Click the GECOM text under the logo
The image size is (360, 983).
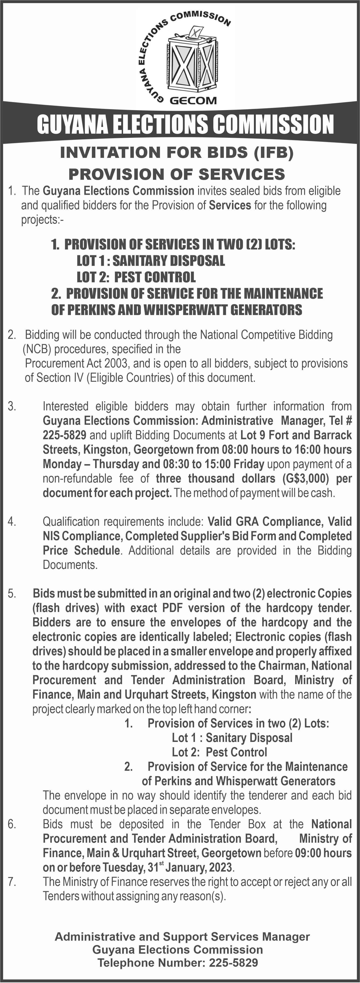click(193, 100)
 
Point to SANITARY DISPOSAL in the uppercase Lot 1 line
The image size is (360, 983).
click(168, 261)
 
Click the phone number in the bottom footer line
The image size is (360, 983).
click(233, 963)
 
